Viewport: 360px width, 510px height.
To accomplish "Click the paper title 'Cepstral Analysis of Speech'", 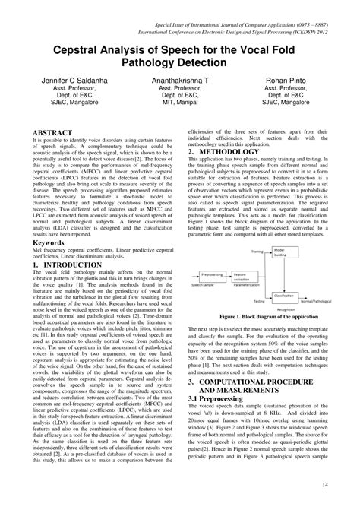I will click(x=179, y=52).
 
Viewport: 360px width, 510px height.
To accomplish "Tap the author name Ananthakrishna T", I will click(x=180, y=78).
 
